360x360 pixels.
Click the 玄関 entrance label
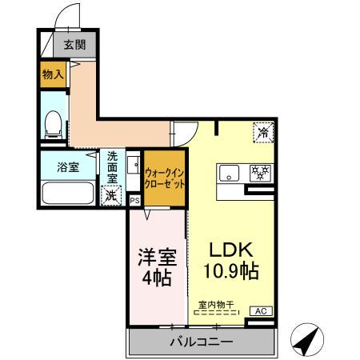click(74, 45)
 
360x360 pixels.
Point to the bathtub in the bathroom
click(67, 194)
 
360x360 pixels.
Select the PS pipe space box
click(134, 201)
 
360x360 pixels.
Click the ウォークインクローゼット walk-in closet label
click(166, 177)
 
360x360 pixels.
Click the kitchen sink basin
click(229, 172)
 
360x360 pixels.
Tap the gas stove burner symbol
click(259, 172)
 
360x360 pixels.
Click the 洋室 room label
click(156, 258)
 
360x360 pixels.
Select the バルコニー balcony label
click(200, 342)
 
